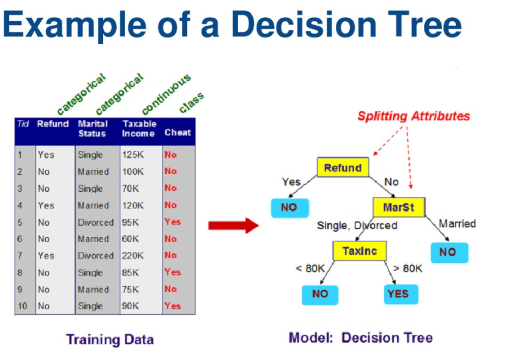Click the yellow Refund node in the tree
[x=343, y=168]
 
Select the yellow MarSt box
[x=398, y=207]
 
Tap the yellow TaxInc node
[x=359, y=251]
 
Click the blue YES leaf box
[x=398, y=294]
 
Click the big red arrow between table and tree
[x=233, y=226]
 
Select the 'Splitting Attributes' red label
[x=413, y=116]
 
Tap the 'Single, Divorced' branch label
[x=357, y=226]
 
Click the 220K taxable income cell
[x=133, y=255]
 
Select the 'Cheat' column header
[x=178, y=133]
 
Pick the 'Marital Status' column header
[x=92, y=128]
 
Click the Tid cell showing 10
[x=22, y=306]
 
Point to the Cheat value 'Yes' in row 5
[x=172, y=222]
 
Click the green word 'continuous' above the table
[x=166, y=94]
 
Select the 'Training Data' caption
[x=110, y=339]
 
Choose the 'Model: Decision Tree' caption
[x=360, y=337]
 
